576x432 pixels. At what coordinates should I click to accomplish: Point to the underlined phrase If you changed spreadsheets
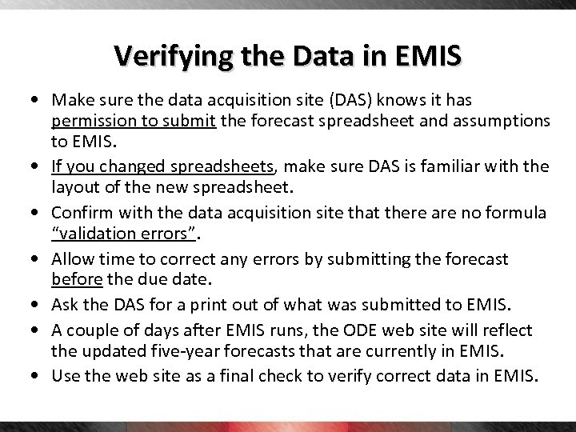tap(163, 166)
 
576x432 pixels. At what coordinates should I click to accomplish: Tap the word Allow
tap(72, 258)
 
